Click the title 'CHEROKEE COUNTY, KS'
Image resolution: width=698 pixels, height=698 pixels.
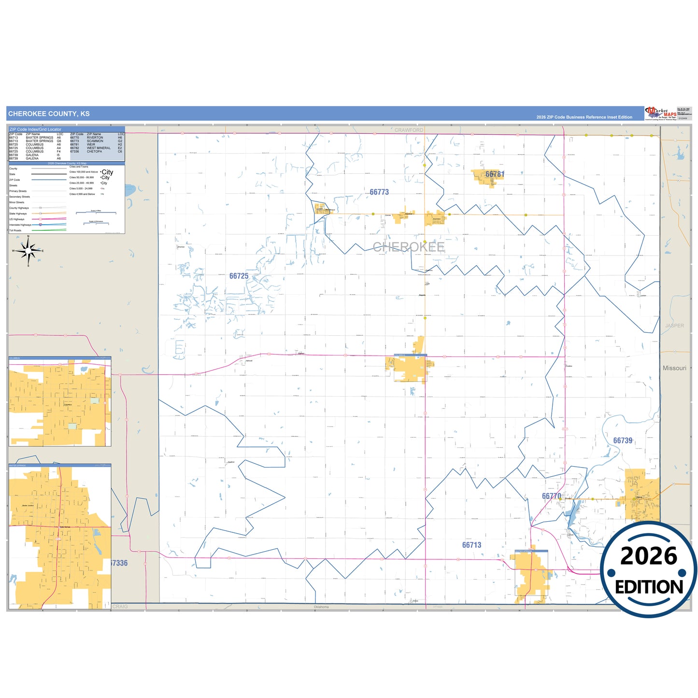[49, 114]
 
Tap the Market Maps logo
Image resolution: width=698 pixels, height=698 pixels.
[661, 114]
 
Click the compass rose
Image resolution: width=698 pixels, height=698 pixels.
[28, 251]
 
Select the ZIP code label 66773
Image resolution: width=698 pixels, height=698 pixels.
[379, 192]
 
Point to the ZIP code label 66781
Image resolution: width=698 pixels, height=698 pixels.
[495, 174]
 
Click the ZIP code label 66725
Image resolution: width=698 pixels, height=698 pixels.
[239, 276]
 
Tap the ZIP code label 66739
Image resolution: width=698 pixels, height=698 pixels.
[623, 441]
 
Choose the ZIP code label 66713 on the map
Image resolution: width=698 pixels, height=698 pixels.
[471, 545]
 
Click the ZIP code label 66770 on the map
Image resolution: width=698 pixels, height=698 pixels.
[551, 496]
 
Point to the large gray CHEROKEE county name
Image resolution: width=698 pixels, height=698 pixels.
[409, 247]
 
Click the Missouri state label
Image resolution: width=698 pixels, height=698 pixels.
[674, 368]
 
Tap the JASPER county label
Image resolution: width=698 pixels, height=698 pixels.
[674, 326]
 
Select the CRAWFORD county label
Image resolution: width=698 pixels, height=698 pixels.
[409, 130]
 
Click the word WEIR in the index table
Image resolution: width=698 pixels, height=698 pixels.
[91, 144]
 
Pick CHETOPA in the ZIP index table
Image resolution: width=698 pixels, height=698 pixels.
[94, 152]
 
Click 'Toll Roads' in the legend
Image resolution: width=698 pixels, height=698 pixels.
[15, 230]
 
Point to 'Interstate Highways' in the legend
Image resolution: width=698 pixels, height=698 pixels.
[20, 225]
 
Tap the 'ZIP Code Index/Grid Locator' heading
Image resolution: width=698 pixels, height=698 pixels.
[36, 129]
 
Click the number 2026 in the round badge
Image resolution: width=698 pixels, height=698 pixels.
[649, 556]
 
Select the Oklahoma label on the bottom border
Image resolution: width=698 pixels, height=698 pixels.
[321, 607]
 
